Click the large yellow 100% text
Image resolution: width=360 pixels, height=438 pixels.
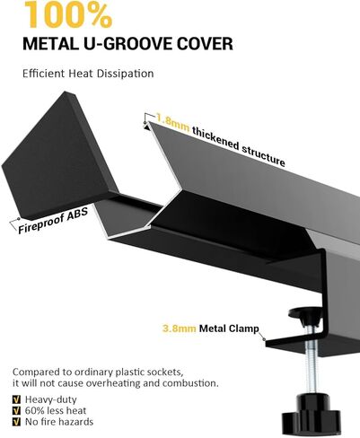coord(67,14)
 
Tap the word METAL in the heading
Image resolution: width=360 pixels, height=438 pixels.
coord(49,44)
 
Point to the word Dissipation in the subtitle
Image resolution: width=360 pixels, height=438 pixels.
coord(125,74)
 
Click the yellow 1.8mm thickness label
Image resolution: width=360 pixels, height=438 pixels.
coord(172,123)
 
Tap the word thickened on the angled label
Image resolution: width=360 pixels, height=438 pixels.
coord(215,138)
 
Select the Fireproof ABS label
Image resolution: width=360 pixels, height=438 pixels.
coord(53,220)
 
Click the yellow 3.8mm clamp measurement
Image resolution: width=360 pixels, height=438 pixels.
coord(180,328)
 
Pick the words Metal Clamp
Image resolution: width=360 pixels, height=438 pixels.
coord(229,328)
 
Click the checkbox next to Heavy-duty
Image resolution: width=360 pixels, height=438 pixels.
coord(17,399)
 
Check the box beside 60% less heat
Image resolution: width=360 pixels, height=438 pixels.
coord(17,410)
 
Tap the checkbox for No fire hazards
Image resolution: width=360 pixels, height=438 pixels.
coord(17,422)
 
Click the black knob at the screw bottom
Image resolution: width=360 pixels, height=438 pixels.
coord(312,416)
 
